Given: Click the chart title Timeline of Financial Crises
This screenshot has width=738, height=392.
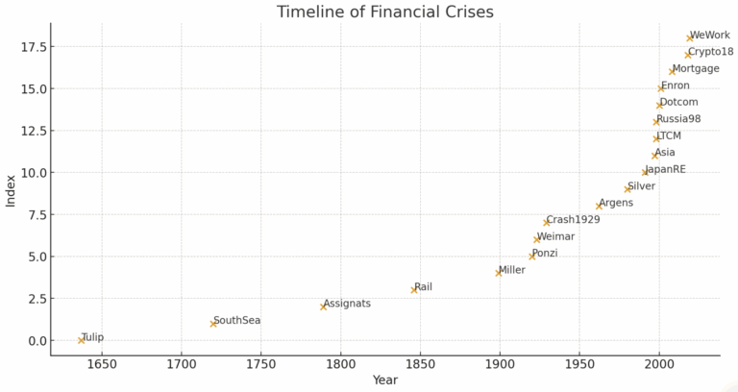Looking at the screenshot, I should pyautogui.click(x=384, y=12).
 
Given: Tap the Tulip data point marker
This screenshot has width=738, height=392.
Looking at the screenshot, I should pyautogui.click(x=82, y=340).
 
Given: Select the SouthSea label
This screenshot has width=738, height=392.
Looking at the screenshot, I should pyautogui.click(x=236, y=321).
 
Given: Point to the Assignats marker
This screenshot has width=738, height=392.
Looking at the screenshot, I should pyautogui.click(x=324, y=306).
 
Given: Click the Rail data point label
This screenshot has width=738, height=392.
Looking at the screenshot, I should pyautogui.click(x=423, y=287).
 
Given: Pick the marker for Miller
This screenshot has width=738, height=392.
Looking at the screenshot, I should pyautogui.click(x=499, y=273).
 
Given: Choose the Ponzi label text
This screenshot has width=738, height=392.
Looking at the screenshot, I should pyautogui.click(x=544, y=254).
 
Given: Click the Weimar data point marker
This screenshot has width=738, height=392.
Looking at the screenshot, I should pyautogui.click(x=537, y=239).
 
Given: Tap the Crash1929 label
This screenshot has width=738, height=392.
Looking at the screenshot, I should pyautogui.click(x=573, y=220).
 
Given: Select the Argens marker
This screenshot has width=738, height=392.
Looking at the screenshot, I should pyautogui.click(x=600, y=206).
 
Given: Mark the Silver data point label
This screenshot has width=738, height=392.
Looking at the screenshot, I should pyautogui.click(x=641, y=186).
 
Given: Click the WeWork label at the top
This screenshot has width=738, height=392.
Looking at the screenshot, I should pyautogui.click(x=710, y=36).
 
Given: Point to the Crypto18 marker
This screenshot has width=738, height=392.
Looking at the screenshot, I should pyautogui.click(x=688, y=55).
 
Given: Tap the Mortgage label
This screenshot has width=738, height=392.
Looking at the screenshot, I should pyautogui.click(x=696, y=69).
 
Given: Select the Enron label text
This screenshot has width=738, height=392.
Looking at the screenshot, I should pyautogui.click(x=675, y=86).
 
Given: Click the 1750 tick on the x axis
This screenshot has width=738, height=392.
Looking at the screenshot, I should pyautogui.click(x=260, y=364).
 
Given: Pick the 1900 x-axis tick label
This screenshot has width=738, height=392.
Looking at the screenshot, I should pyautogui.click(x=499, y=364).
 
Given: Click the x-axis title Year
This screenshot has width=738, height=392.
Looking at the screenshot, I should pyautogui.click(x=385, y=380).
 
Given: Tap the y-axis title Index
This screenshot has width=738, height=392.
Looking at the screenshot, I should pyautogui.click(x=11, y=189).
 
